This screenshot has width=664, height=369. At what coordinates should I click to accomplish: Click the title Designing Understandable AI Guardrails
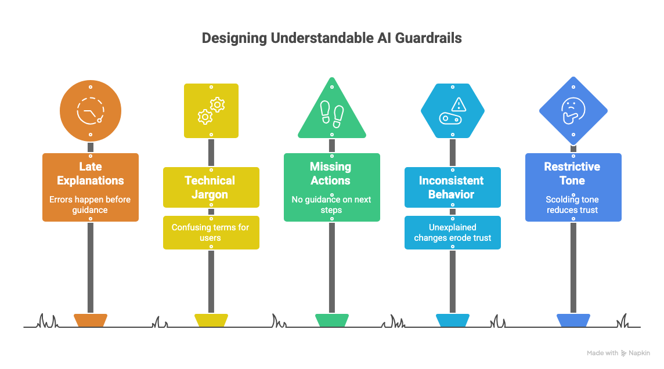tap(331, 38)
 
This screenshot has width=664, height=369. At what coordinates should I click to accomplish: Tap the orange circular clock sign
tap(91, 110)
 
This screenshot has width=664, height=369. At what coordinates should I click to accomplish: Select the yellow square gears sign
tap(211, 110)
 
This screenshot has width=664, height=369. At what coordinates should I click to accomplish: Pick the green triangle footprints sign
tap(332, 113)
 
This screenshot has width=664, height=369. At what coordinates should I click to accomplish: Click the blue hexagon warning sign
tap(453, 110)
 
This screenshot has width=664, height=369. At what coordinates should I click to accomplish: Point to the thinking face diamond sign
tap(573, 110)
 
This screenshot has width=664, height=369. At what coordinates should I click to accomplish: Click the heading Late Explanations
tap(91, 173)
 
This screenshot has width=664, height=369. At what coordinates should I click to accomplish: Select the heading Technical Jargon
tap(210, 187)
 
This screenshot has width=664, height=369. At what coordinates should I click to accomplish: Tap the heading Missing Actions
tap(331, 173)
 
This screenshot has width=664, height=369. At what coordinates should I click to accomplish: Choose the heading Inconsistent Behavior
tap(452, 187)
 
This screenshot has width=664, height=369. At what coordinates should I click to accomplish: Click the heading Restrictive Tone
tap(572, 173)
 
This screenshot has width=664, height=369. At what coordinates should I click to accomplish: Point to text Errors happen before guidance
tap(91, 205)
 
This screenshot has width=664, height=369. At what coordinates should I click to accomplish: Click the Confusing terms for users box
tap(211, 233)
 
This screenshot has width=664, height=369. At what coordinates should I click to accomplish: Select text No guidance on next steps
tap(331, 205)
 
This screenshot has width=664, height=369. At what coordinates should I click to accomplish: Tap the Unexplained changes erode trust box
tap(452, 233)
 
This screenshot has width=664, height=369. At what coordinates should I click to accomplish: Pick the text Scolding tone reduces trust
tap(572, 205)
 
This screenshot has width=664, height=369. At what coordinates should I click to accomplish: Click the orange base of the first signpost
tap(91, 320)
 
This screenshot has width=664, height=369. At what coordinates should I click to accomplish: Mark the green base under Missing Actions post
tap(331, 320)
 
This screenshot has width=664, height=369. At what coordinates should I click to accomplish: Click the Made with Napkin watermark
tap(618, 353)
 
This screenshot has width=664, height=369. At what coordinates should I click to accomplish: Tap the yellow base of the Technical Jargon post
tap(211, 320)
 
